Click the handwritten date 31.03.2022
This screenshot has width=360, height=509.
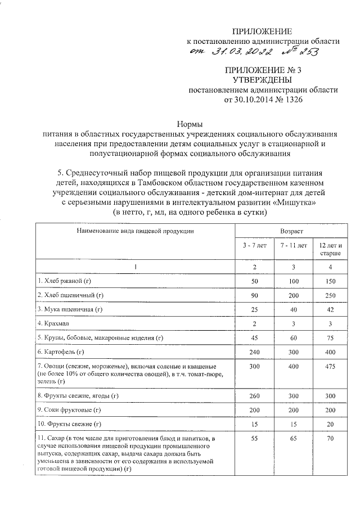(x=243, y=53)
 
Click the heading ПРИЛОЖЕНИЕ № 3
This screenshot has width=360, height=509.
(x=263, y=70)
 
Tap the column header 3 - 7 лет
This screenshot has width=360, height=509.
(x=253, y=246)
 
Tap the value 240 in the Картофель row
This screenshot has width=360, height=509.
(x=253, y=353)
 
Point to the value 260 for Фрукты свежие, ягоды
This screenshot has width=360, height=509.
(x=253, y=397)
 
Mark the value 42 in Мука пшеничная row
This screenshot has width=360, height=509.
(x=330, y=309)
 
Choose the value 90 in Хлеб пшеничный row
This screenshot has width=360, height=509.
(x=253, y=294)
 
